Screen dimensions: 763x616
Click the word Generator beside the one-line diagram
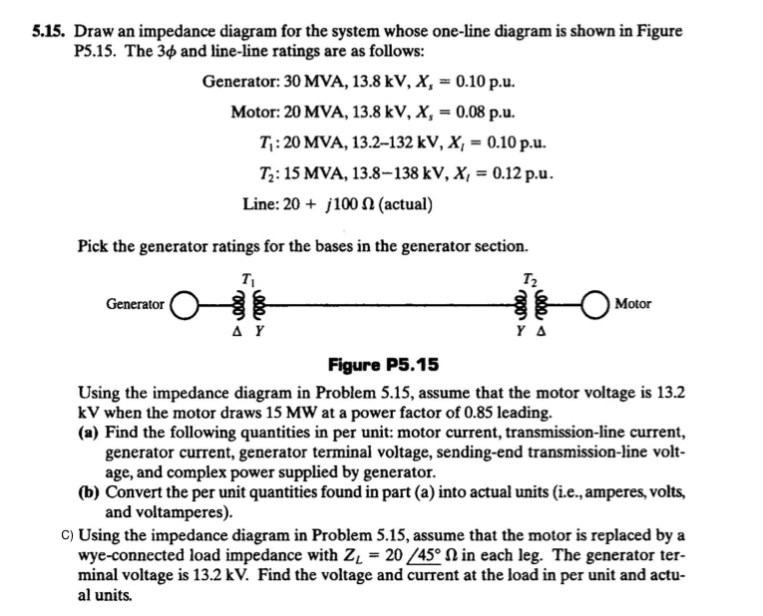[x=136, y=304]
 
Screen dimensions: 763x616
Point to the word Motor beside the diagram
[x=634, y=304]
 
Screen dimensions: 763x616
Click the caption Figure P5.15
[x=384, y=364]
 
